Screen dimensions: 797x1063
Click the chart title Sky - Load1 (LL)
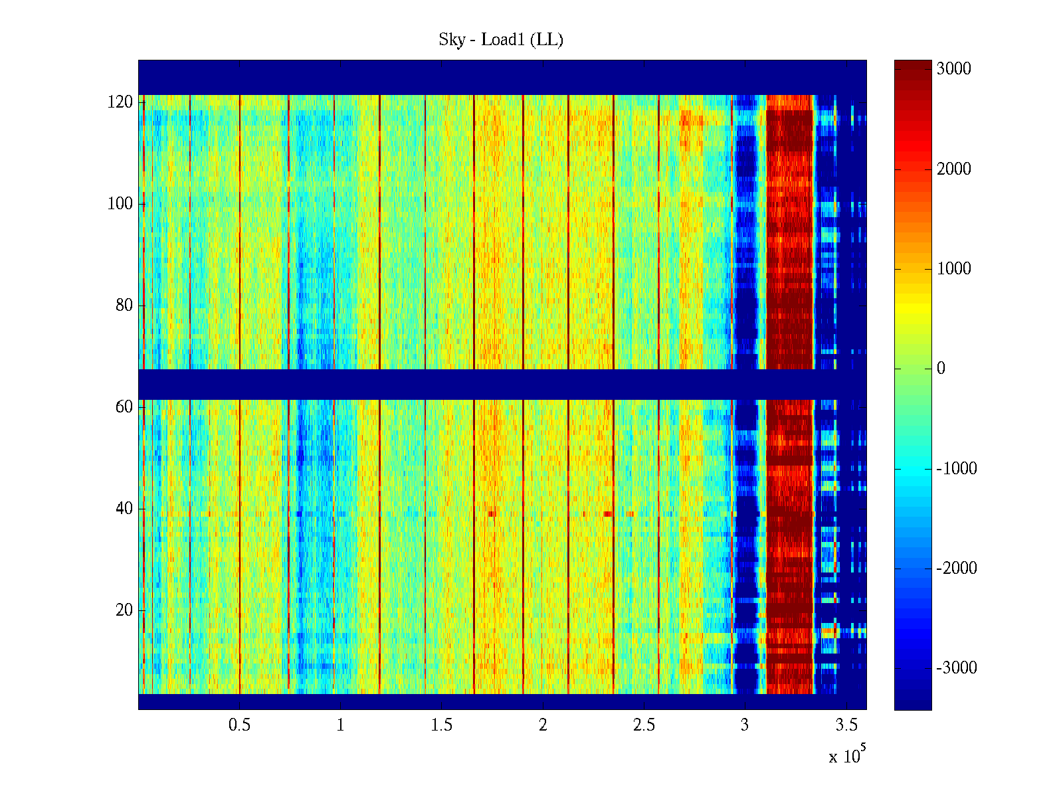501,40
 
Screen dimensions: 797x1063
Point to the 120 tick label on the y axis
120,102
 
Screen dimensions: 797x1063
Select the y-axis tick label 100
120,204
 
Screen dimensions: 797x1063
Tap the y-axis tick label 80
124,306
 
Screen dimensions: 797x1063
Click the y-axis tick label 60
124,407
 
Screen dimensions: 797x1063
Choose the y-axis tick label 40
124,509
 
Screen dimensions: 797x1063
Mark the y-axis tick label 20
124,610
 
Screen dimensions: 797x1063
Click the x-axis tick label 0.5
239,725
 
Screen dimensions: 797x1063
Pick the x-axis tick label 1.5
442,725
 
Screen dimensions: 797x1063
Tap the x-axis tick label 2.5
644,725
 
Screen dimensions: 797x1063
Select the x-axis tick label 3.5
846,725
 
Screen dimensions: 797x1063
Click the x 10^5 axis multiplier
847,756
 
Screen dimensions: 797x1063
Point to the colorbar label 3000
953,69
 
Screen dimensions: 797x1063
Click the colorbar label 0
941,369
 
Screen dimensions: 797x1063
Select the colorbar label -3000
957,668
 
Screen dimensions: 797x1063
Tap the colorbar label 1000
953,269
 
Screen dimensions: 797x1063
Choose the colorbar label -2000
957,569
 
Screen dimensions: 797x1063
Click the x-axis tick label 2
543,725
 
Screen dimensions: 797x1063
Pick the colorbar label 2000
953,169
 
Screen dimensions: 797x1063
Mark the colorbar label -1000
957,469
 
